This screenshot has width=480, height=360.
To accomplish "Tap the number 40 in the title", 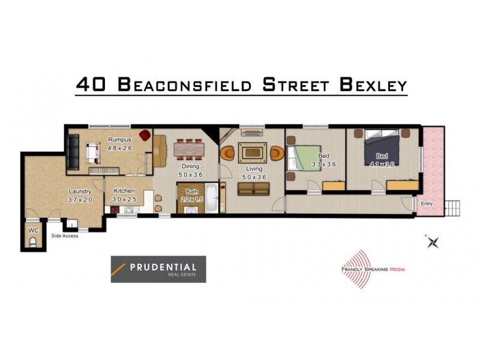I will (91, 84).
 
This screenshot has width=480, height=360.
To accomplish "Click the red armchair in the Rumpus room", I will (144, 136).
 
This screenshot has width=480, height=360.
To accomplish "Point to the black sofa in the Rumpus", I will (73, 152).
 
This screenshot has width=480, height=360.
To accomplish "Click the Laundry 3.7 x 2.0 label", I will (79, 196).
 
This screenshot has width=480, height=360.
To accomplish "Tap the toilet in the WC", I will (32, 242).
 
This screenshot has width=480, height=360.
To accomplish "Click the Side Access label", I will (65, 236).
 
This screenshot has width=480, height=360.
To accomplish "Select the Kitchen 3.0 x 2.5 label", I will (125, 195).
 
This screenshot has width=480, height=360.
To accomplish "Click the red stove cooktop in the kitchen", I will (112, 209).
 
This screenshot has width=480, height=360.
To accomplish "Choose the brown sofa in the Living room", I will (253, 188).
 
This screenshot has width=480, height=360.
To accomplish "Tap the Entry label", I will (427, 204).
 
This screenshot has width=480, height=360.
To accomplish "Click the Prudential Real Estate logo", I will (158, 269).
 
